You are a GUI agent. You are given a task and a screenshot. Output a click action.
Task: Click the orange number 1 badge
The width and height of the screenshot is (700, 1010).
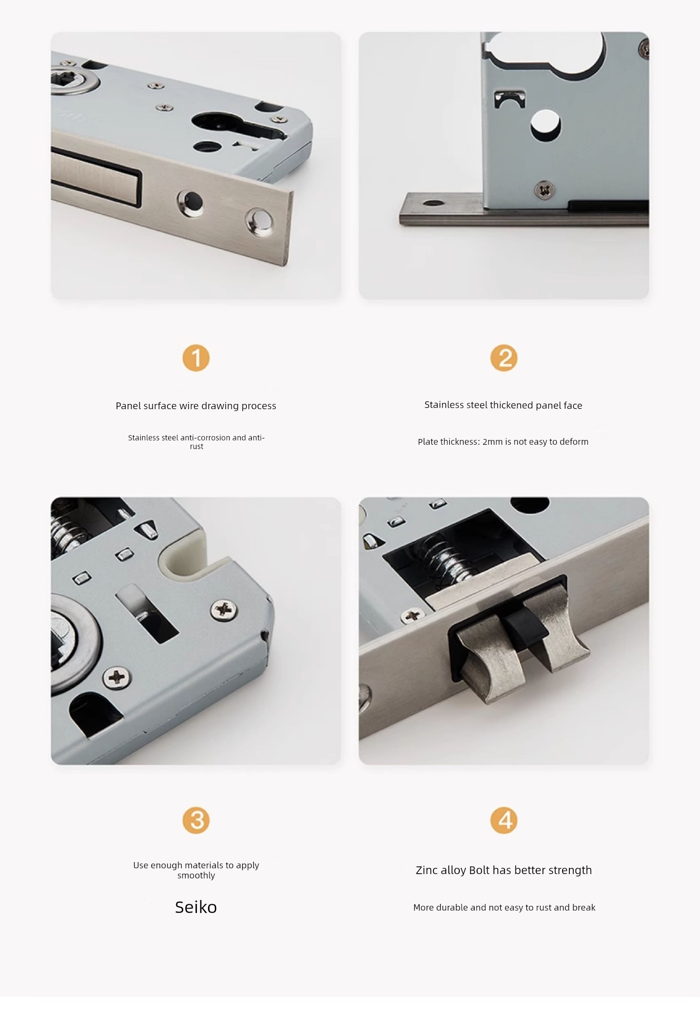pos(196,358)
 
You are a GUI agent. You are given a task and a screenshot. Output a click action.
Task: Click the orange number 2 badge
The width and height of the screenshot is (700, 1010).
pos(504,358)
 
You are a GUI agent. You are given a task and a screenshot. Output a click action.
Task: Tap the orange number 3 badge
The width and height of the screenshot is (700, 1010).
pos(196,820)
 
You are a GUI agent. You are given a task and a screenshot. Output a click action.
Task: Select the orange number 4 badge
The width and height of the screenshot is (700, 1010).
pos(504,820)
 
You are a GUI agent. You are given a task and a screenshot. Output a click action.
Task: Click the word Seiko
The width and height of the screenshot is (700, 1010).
pos(196,907)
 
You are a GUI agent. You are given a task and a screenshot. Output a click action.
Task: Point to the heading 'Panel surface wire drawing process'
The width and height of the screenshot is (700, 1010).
pos(196,406)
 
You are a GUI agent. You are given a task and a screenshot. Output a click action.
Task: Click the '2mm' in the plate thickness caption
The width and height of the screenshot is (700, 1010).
pos(492,442)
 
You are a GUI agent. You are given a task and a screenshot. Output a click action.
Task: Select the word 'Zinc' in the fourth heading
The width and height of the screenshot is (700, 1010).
pos(427,870)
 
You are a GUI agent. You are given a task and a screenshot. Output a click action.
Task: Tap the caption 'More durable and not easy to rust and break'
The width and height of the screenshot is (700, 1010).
pos(504,908)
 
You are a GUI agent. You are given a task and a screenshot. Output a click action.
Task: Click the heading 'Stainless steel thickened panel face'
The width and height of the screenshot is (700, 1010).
pos(503,405)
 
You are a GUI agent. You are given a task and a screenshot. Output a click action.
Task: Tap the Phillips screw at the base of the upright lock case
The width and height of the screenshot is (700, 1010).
pos(544,190)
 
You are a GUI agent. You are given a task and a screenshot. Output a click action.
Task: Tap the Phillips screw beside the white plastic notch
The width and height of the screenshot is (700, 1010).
pos(224,610)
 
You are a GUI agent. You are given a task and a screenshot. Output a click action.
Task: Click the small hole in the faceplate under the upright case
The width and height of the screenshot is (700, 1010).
pos(433,203)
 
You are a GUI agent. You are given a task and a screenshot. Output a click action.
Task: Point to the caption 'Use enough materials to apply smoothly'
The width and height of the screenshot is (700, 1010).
pos(196,870)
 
